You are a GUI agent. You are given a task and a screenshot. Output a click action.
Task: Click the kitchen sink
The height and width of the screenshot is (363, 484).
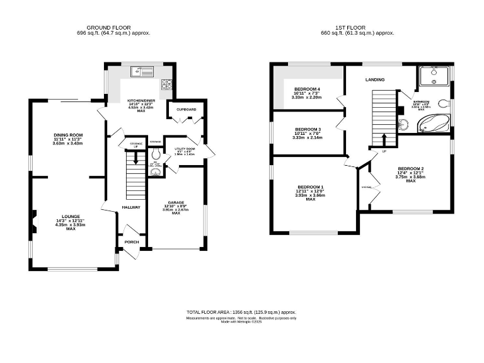pyautogui.click(x=141, y=71)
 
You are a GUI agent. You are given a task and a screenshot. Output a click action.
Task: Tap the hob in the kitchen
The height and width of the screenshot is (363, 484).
pyautogui.click(x=167, y=84)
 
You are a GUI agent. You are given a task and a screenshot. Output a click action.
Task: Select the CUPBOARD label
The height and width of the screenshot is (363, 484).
pyautogui.click(x=186, y=110)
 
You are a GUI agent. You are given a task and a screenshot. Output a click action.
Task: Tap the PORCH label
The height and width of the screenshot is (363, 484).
pyautogui.click(x=132, y=241)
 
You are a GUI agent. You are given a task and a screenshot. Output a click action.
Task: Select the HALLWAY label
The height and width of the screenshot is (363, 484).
pyautogui.click(x=131, y=207)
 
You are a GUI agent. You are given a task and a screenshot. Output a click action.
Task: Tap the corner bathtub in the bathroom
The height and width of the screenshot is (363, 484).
pyautogui.click(x=435, y=124)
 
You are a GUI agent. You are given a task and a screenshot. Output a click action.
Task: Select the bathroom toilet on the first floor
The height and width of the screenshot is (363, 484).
pyautogui.click(x=443, y=103)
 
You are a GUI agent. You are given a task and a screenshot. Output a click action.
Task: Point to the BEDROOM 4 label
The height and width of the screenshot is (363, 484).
pyautogui.click(x=307, y=89)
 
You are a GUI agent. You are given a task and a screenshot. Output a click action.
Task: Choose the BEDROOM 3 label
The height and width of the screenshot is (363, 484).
pyautogui.click(x=308, y=129)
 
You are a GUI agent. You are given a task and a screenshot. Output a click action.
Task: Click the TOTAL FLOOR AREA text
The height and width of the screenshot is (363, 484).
pyautogui.click(x=214, y=312)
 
